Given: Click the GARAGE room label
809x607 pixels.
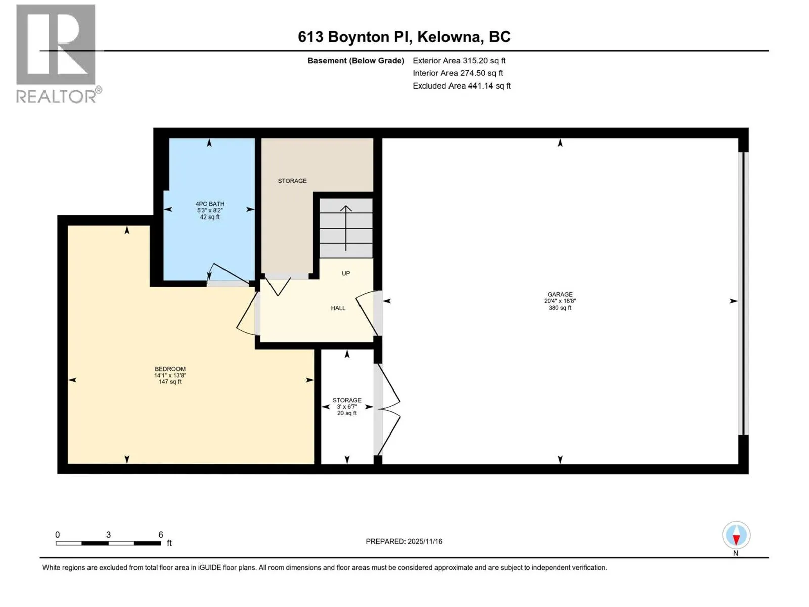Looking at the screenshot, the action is pyautogui.click(x=560, y=294).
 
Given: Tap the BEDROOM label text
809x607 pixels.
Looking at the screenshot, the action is pyautogui.click(x=170, y=369).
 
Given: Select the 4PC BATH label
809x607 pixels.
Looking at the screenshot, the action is pyautogui.click(x=210, y=204).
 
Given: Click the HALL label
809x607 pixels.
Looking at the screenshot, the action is pyautogui.click(x=338, y=308).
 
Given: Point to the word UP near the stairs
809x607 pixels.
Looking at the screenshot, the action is pyautogui.click(x=346, y=273).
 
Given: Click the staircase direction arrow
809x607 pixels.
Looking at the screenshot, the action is pyautogui.click(x=345, y=228).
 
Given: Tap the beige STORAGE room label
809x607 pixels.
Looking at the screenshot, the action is pyautogui.click(x=292, y=181).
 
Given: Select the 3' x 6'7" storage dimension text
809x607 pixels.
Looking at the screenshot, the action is pyautogui.click(x=347, y=407).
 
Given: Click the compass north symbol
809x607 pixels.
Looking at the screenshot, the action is pyautogui.click(x=736, y=535).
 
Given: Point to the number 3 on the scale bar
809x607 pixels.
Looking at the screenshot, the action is pyautogui.click(x=108, y=534).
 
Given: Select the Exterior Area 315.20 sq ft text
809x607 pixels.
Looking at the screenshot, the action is pyautogui.click(x=459, y=60).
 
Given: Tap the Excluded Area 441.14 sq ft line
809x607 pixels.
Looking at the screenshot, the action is pyautogui.click(x=462, y=86).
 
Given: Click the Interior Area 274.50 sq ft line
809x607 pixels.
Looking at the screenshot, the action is pyautogui.click(x=458, y=73).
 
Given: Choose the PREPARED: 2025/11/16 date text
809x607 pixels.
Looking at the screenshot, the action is pyautogui.click(x=404, y=541).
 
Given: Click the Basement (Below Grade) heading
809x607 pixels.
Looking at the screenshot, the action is pyautogui.click(x=356, y=60).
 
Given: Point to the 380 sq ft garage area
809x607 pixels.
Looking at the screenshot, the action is pyautogui.click(x=560, y=308).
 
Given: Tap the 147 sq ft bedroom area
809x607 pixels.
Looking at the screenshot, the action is pyautogui.click(x=170, y=382).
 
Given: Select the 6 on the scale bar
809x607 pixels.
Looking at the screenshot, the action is pyautogui.click(x=161, y=534).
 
